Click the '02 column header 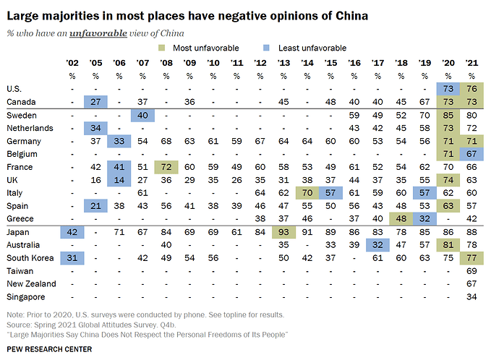72,63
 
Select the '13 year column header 283,63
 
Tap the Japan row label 18,232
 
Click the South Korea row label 30,258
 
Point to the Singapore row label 26,297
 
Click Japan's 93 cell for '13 283,232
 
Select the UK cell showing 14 119,180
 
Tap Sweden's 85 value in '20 448,115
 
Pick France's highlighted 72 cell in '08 166,167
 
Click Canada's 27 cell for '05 95,102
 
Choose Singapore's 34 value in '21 472,297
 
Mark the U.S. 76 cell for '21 472,89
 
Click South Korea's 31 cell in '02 72,258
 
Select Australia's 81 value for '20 448,245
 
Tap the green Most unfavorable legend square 162,48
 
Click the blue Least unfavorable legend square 266,48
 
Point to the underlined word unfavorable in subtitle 98,33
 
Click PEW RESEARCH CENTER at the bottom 49,349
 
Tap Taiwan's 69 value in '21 472,271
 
